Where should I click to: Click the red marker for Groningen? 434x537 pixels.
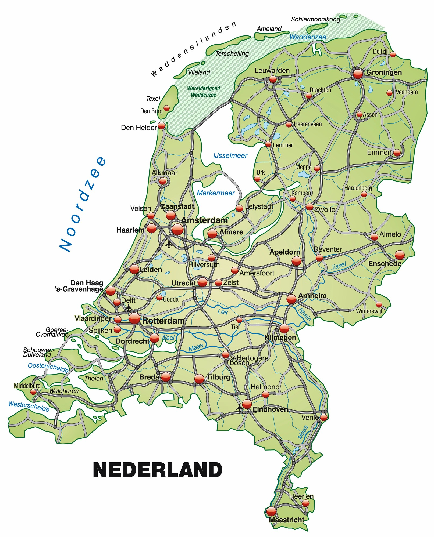point(358,74)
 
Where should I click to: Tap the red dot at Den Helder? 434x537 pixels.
point(161,125)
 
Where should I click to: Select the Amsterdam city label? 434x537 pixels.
point(204,220)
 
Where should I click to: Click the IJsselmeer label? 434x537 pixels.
point(230,155)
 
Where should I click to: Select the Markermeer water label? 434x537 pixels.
point(216,193)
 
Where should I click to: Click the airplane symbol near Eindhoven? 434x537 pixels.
point(239,408)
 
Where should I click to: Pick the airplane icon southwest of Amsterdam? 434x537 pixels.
point(169,244)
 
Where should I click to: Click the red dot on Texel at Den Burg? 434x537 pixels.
point(167,108)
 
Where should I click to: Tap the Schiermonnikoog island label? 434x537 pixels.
point(316,19)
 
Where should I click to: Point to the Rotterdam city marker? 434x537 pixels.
point(134,319)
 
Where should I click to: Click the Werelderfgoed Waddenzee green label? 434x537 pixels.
point(204,92)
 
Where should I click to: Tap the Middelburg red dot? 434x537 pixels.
point(33,392)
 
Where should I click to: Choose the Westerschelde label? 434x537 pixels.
point(29,406)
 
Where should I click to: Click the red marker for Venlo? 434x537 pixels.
point(324,417)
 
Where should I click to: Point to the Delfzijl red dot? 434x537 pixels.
point(393,55)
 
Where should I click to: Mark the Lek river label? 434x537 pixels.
point(223,311)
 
